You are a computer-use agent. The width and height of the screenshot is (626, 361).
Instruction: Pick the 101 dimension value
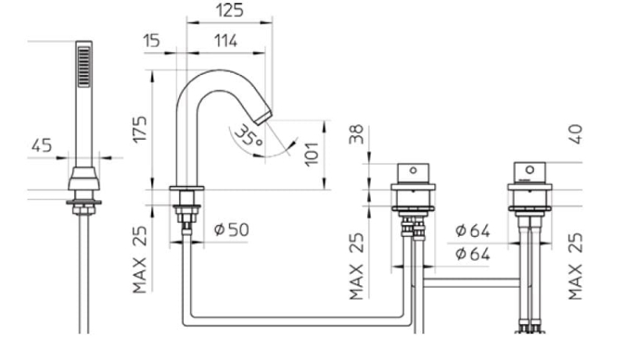[311, 155]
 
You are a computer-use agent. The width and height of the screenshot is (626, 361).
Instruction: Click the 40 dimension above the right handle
[577, 133]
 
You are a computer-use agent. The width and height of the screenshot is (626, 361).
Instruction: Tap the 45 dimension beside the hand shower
[44, 145]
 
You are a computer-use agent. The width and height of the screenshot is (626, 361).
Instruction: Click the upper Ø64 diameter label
[472, 231]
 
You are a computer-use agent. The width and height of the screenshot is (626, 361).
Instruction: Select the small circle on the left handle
[412, 170]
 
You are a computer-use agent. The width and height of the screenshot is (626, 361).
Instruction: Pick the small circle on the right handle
[530, 170]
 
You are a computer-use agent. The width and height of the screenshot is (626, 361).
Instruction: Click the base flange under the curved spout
[186, 189]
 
